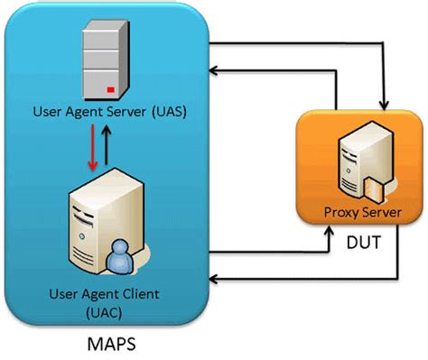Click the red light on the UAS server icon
pyautogui.click(x=110, y=90)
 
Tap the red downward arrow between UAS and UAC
pyautogui.click(x=92, y=149)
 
